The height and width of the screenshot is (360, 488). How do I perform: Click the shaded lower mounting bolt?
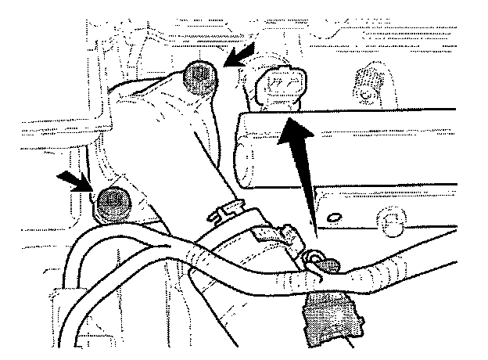tap(113, 205)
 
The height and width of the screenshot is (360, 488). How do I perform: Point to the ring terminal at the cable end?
tap(318, 262)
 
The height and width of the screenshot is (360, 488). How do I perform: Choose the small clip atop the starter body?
tap(228, 209)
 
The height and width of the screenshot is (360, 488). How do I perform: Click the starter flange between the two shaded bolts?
tap(156, 133)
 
